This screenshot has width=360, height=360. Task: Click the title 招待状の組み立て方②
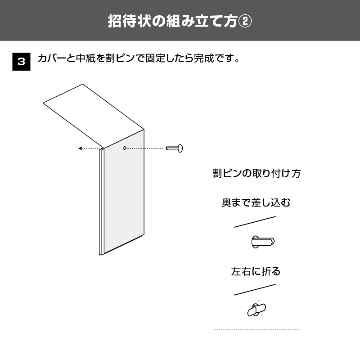click(x=180, y=21)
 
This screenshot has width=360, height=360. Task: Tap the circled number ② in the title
click(x=245, y=21)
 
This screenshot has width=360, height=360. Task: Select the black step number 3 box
click(x=21, y=62)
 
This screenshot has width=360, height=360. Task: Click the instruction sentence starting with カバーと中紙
click(x=139, y=58)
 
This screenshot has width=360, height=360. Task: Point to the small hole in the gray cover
click(x=125, y=148)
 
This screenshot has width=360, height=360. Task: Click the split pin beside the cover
click(x=174, y=148)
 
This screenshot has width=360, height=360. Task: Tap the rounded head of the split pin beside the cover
click(x=180, y=148)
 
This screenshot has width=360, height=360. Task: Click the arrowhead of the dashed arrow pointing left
click(x=80, y=148)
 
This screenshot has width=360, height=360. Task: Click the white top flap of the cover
click(x=94, y=116)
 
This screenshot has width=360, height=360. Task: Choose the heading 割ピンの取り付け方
click(x=256, y=173)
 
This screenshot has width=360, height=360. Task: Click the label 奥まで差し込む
click(x=256, y=202)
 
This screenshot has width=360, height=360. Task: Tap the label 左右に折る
click(x=256, y=271)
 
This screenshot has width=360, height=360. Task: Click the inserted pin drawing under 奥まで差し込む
click(x=263, y=242)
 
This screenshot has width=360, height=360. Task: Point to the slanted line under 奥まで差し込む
click(x=255, y=222)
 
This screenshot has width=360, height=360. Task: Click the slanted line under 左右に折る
click(x=255, y=290)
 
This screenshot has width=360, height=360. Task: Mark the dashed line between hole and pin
click(x=145, y=148)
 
